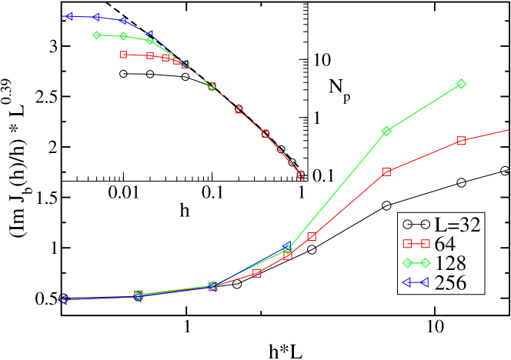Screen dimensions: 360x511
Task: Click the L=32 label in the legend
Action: pyautogui.click(x=458, y=225)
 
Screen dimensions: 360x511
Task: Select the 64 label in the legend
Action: pyautogui.click(x=446, y=244)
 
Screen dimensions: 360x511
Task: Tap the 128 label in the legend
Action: pyautogui.click(x=451, y=263)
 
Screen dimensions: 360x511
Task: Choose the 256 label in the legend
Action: pyautogui.click(x=451, y=282)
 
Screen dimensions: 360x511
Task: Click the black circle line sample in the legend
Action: pyautogui.click(x=416, y=225)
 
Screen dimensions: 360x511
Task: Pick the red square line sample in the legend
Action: pyautogui.click(x=416, y=244)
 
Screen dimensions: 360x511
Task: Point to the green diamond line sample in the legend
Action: pyautogui.click(x=416, y=263)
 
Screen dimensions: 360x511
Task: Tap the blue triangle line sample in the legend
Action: pyautogui.click(x=416, y=282)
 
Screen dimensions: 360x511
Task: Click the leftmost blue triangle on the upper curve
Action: pyautogui.click(x=69, y=15)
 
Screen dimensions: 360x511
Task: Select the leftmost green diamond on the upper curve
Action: pyautogui.click(x=96, y=35)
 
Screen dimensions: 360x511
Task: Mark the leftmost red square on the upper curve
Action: pyautogui.click(x=123, y=55)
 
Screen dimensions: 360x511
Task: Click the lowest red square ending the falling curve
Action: pyautogui.click(x=301, y=175)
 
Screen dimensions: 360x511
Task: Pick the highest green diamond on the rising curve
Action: pyautogui.click(x=462, y=83)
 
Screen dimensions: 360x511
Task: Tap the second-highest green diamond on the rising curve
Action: pyautogui.click(x=386, y=131)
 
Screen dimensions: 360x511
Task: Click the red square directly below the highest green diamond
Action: pyautogui.click(x=462, y=141)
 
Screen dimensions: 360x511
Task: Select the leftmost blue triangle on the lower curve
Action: pyautogui.click(x=63, y=300)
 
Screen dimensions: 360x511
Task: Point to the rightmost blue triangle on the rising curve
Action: pyautogui.click(x=287, y=248)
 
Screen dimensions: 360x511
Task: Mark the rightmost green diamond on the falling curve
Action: pyautogui.click(x=212, y=86)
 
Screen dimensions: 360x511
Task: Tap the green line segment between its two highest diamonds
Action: pyautogui.click(x=424, y=107)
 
